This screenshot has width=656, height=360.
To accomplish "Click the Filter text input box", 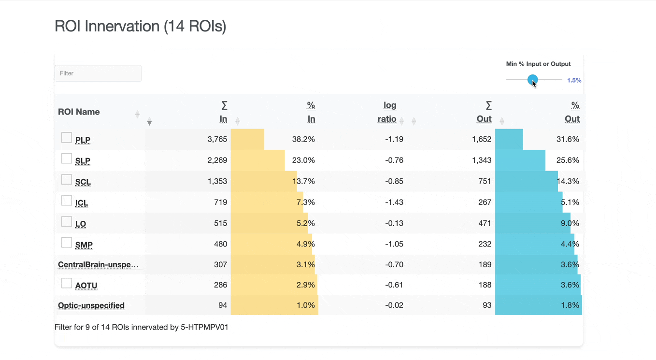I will coord(98,73).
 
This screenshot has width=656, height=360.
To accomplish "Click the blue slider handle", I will coord(532,80).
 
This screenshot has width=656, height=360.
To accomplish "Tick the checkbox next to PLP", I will coord(67,138).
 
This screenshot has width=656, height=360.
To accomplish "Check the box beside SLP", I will coord(67,158).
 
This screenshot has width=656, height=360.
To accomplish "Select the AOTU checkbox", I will coord(67,283).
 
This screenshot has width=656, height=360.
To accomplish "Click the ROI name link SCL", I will coord(83,182).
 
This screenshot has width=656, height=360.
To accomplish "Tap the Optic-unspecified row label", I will coord(91,305).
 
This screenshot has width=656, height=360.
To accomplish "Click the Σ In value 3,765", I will coord(217,139).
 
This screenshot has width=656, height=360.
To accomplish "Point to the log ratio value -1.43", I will coord(395,202).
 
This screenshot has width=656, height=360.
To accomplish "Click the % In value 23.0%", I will coord(303,160).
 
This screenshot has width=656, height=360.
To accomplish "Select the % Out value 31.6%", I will coord(568,139).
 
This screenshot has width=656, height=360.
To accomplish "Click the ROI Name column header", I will coord(79,112).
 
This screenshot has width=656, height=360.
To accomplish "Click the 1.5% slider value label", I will coord(574,80).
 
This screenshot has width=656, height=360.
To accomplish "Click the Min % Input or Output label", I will coord(538,64).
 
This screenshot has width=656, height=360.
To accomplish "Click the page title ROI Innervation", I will coord(141,26).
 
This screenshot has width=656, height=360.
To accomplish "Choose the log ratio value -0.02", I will coord(395,305).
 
